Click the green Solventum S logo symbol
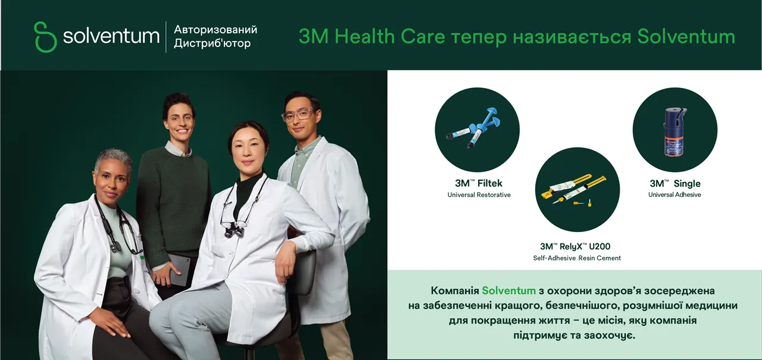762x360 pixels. [x=45, y=37]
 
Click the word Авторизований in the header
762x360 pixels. [x=216, y=30]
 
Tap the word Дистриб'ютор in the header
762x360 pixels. [x=213, y=43]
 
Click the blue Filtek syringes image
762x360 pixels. [x=473, y=127]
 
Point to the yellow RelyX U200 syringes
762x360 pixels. [x=573, y=189]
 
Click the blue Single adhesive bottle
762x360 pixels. [x=675, y=132]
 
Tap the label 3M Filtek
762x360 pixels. [x=478, y=183]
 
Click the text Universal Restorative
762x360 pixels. [x=479, y=195]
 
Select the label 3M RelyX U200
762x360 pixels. [x=575, y=246]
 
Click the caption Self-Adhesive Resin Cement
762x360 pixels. [x=577, y=258]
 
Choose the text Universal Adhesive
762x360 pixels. [x=674, y=195]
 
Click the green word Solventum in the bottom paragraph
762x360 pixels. [x=508, y=290]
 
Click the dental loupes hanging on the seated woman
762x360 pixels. [x=234, y=229]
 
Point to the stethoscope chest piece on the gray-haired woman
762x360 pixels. [x=116, y=246]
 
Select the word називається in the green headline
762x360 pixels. [x=572, y=37]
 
